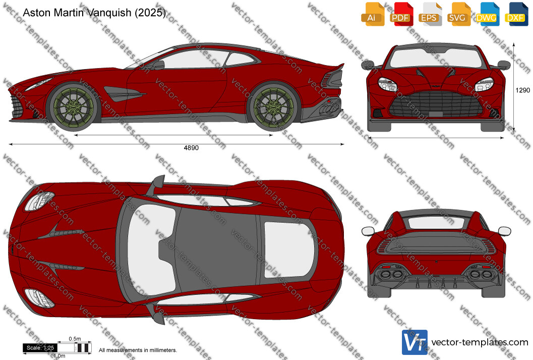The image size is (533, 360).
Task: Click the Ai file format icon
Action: [373, 14]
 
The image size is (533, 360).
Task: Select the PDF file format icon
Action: [401, 14]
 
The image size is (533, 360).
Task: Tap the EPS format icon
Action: [430, 14]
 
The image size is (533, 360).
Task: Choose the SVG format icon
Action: [458, 14]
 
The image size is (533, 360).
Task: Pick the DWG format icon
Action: [488, 14]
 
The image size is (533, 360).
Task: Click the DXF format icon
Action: [516, 14]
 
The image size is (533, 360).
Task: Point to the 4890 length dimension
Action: [191, 148]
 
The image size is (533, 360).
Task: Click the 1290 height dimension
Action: [522, 90]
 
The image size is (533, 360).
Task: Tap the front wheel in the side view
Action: [73, 107]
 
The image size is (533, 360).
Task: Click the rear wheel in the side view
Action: [274, 107]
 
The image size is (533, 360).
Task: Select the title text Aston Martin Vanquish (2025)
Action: [94, 13]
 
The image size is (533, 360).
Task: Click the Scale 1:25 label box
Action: [40, 348]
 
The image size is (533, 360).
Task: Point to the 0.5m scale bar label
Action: [75, 339]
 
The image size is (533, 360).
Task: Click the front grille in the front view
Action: [437, 104]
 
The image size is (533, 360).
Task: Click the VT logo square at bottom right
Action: [414, 342]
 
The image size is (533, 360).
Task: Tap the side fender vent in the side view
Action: [125, 94]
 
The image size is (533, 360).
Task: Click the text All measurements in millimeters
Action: [138, 350]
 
